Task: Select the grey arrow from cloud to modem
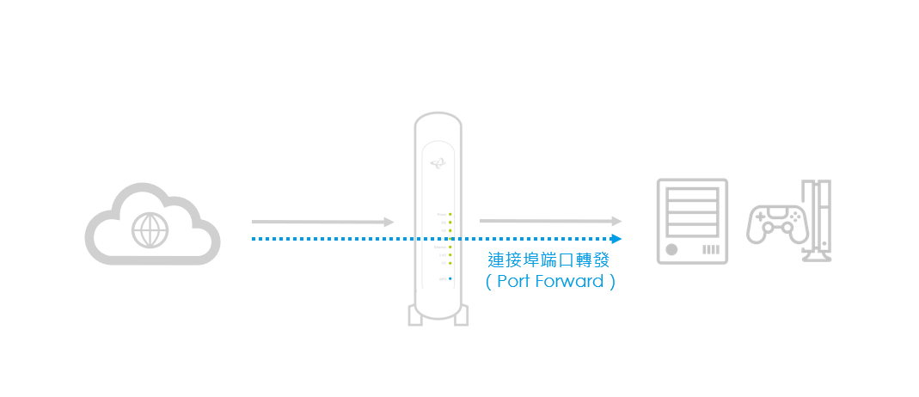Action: coord(322,222)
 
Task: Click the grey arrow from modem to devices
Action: coord(550,221)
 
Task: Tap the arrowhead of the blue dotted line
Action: coord(616,238)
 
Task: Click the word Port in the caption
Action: coord(513,281)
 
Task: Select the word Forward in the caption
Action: coord(569,281)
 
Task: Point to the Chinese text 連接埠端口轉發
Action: coord(548,260)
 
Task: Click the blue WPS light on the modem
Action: coord(450,278)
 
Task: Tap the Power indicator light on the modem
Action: coord(450,214)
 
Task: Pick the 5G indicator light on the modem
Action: coord(450,263)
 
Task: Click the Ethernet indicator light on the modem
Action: coord(450,247)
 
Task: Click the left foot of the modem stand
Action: coord(417,315)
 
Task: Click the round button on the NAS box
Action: coord(671,249)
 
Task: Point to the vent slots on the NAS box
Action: coord(710,249)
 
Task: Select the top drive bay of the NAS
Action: coord(692,192)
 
